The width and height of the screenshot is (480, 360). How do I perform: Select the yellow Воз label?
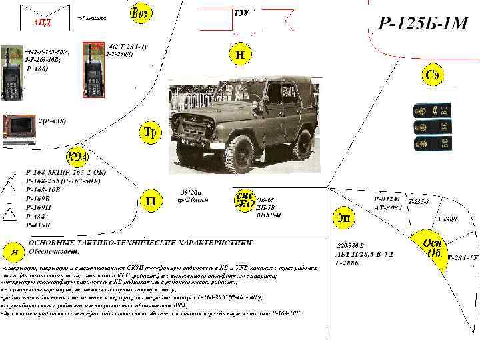[x=140, y=13]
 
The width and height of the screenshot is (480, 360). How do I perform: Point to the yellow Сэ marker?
[x=432, y=76]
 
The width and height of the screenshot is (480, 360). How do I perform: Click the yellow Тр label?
[x=151, y=132]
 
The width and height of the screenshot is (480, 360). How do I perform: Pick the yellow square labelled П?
[x=151, y=200]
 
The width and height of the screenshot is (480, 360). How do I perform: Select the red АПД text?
[x=42, y=22]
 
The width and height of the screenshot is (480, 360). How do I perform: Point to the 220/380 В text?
[x=351, y=245]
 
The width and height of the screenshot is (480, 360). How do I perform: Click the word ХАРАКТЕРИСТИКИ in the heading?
[x=214, y=242]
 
